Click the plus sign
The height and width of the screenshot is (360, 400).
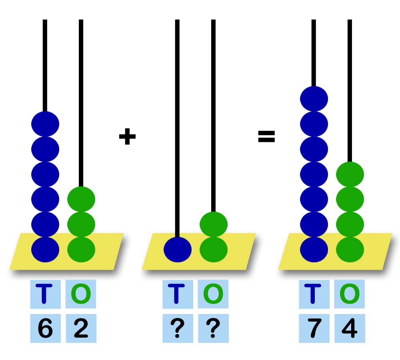(127, 137)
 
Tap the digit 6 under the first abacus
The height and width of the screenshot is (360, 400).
(45, 329)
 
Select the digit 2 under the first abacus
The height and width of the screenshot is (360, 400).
(81, 329)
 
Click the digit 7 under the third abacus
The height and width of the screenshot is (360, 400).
(314, 329)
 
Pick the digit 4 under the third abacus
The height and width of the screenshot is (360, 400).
(350, 329)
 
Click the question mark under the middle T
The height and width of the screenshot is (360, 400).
(178, 329)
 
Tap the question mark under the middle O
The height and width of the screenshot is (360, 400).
(213, 329)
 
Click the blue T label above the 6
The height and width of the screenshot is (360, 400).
(45, 294)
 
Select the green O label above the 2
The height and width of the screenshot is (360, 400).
(81, 294)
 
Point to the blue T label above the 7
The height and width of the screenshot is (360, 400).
(314, 294)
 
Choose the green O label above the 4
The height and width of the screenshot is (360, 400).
(350, 294)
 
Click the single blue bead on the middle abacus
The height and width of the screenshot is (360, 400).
(178, 249)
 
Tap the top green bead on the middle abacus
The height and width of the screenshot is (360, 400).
(214, 224)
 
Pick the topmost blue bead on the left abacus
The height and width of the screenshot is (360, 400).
(45, 124)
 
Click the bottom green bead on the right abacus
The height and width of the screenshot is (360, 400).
(350, 249)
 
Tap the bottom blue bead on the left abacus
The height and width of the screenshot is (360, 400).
(45, 249)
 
